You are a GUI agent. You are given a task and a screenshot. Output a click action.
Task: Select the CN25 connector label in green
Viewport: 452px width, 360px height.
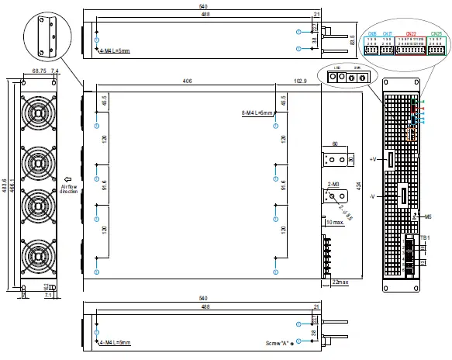[436, 33]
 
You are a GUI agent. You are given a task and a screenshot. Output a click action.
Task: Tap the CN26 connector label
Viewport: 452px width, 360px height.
[372, 33]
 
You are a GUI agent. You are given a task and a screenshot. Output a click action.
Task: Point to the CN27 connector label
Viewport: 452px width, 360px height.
[387, 33]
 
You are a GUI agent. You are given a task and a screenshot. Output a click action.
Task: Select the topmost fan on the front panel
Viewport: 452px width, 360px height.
[36, 117]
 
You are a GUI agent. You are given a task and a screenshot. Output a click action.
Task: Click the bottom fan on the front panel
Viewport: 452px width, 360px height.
[36, 255]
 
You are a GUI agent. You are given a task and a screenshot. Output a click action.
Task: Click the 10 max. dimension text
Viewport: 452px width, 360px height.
[335, 223]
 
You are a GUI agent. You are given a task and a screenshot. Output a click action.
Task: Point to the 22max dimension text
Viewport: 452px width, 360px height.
[339, 281]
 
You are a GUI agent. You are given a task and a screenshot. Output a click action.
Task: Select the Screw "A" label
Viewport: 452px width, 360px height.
[276, 342]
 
